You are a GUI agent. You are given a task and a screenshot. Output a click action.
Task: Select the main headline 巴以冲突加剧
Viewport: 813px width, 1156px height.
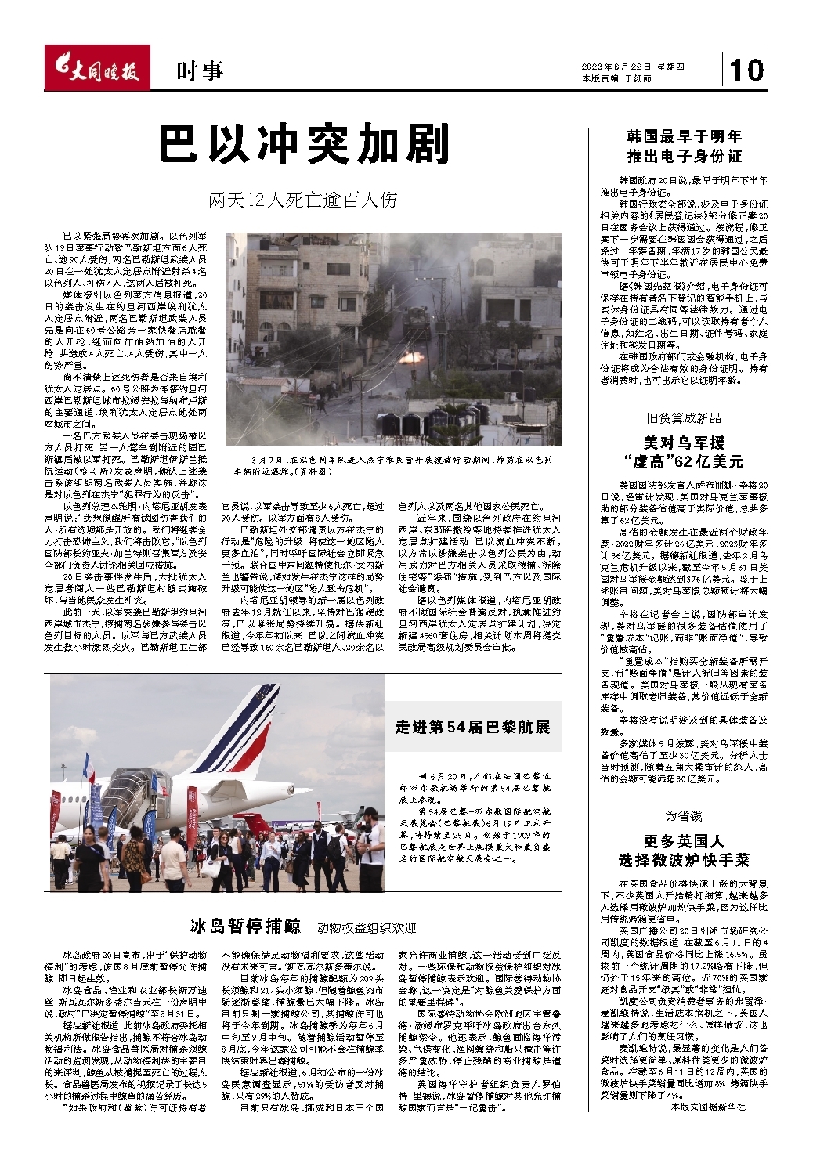pos(305,144)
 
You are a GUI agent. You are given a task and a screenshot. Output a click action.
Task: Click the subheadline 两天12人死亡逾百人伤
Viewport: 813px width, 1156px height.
pos(303,200)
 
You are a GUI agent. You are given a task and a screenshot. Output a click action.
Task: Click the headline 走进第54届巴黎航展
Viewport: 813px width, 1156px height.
pos(472,727)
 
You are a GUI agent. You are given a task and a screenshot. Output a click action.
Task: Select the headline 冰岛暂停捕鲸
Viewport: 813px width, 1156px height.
pos(245,926)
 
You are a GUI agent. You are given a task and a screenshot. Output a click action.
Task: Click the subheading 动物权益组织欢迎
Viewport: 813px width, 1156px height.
pos(367,928)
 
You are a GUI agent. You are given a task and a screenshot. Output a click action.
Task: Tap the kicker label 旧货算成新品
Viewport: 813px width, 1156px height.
pos(684,418)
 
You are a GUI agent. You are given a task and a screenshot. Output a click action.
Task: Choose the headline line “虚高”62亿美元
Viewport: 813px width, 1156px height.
pos(684,461)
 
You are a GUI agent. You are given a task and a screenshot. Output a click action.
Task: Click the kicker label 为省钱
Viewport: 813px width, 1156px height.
pos(684,816)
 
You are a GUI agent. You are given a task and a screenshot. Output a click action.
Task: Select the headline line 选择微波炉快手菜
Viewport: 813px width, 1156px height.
pos(684,860)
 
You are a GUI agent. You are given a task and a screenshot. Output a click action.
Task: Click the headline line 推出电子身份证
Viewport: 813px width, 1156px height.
pos(684,156)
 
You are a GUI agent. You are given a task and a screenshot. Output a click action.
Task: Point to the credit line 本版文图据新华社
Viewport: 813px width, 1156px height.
pos(709,1107)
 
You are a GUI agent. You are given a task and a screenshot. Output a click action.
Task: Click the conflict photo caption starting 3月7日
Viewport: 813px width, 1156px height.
pos(392,466)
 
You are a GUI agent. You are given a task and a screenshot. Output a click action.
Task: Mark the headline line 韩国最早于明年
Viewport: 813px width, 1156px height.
pos(684,136)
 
